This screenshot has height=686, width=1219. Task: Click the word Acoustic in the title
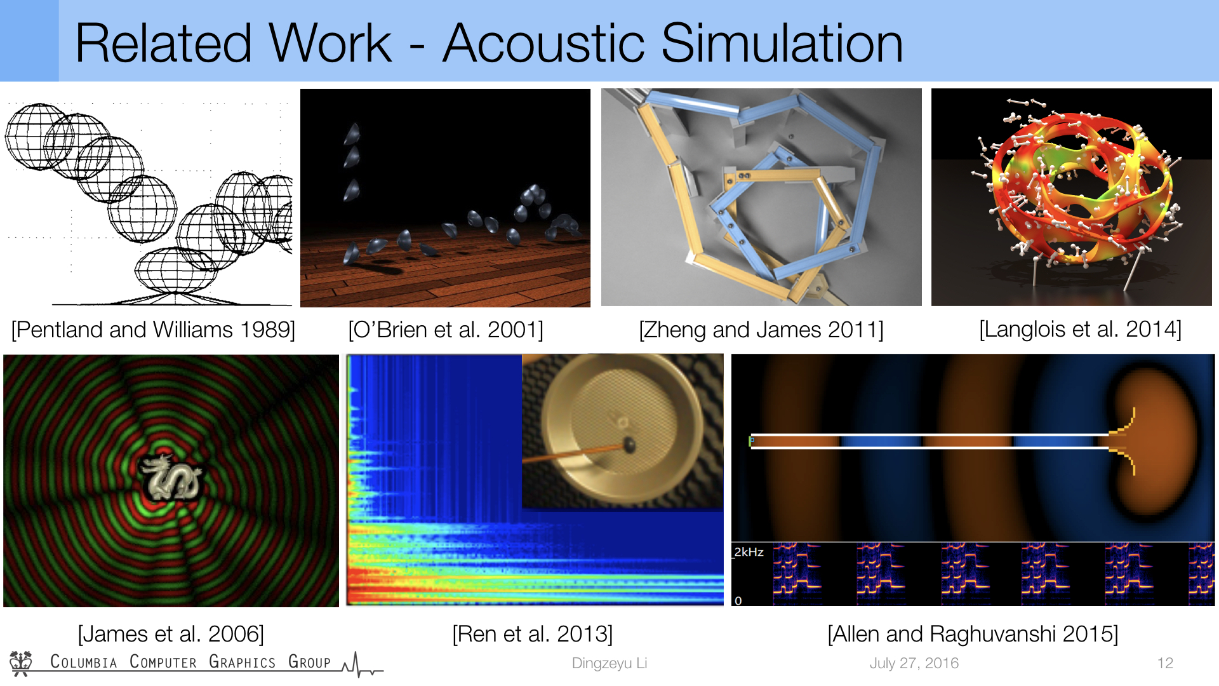[547, 43]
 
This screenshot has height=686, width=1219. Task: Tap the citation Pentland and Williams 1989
[153, 330]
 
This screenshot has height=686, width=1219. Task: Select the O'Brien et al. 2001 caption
[446, 330]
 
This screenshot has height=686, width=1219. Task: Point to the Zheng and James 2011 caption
[761, 330]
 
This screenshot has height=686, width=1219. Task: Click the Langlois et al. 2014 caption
[1080, 329]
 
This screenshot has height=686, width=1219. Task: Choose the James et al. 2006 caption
[171, 634]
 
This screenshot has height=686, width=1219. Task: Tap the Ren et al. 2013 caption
[533, 634]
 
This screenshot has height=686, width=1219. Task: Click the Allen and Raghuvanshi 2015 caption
[973, 634]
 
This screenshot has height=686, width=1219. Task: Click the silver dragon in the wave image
[171, 478]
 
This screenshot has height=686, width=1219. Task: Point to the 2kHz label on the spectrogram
[749, 552]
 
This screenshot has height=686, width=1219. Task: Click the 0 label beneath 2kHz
[738, 600]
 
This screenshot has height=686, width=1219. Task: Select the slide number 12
[1165, 663]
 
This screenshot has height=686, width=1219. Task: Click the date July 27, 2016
[914, 663]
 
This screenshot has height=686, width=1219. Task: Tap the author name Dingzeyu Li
[609, 663]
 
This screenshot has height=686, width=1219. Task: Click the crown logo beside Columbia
[21, 663]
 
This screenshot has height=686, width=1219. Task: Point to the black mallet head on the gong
[630, 445]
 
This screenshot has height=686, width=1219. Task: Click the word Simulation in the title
[782, 43]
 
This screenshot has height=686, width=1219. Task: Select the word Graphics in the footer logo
[242, 662]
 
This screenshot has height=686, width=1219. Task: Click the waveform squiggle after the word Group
[363, 664]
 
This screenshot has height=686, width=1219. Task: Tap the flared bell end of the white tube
[1124, 441]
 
